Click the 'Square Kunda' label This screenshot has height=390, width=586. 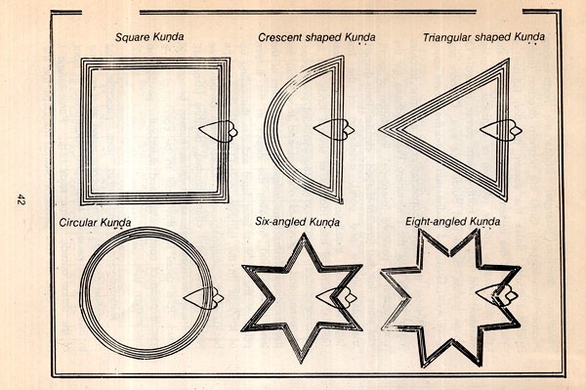[x=149, y=37]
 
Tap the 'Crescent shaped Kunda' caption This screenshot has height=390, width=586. [x=316, y=38]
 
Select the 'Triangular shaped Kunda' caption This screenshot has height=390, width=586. [x=483, y=37]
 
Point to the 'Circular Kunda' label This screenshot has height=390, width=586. [x=95, y=223]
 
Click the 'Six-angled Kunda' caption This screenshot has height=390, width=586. [x=298, y=222]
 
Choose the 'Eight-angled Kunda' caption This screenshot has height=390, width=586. [x=452, y=222]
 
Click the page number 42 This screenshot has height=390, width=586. [x=21, y=199]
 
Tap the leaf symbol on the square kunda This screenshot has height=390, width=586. [x=218, y=131]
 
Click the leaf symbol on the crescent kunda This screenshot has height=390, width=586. [x=334, y=130]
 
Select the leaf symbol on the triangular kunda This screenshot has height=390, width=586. [x=501, y=130]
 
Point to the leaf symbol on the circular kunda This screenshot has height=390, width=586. [x=204, y=298]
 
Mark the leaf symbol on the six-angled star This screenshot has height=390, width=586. [x=336, y=297]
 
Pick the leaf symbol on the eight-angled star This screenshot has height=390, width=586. [x=497, y=296]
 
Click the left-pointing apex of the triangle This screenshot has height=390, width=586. [x=379, y=130]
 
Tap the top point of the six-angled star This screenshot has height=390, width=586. [x=304, y=234]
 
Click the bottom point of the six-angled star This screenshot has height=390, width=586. [x=302, y=363]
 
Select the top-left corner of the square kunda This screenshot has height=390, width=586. [x=81, y=59]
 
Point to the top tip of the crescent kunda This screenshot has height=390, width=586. [x=343, y=56]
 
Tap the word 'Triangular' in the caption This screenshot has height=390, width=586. [x=447, y=37]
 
